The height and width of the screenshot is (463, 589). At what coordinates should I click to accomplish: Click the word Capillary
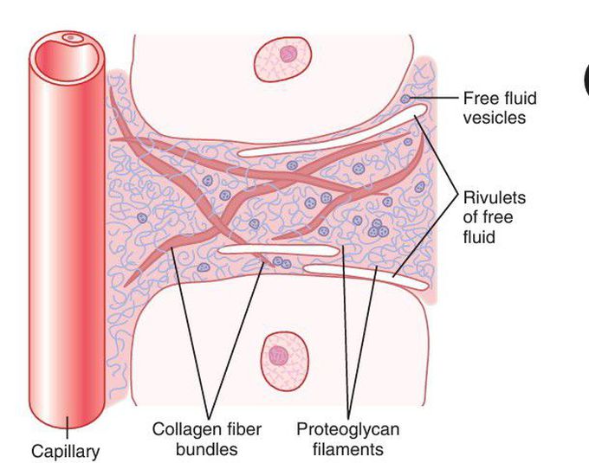point(65,451)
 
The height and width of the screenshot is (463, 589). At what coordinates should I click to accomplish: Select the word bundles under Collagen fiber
point(207,449)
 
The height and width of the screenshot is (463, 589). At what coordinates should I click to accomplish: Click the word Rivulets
point(494,197)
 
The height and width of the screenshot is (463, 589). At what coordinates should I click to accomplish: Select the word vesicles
point(494,117)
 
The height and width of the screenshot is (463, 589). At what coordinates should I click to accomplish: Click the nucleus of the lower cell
point(278,356)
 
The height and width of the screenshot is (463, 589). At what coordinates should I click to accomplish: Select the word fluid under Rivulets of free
point(478,235)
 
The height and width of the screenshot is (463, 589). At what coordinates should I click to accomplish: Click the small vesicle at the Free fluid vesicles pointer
point(406,100)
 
